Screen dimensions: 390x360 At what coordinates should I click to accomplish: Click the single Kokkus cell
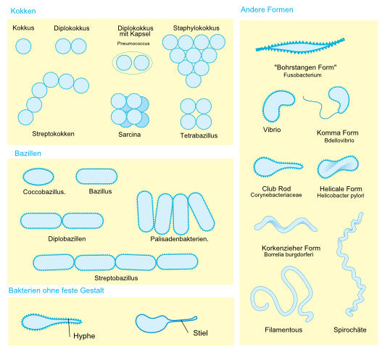click(x=23, y=46)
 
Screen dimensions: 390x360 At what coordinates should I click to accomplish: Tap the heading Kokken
click(x=23, y=11)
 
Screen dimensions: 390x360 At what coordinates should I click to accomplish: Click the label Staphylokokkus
click(x=196, y=28)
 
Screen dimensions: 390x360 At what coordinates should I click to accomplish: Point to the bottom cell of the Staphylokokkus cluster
click(x=194, y=80)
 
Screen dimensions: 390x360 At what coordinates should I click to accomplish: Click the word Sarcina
click(x=130, y=135)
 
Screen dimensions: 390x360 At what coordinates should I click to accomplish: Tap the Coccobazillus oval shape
click(x=38, y=177)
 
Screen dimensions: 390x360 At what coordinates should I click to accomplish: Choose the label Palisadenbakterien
click(x=179, y=239)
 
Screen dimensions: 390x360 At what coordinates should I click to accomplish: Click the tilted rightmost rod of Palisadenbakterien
click(x=202, y=212)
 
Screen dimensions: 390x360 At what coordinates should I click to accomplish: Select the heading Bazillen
click(x=28, y=154)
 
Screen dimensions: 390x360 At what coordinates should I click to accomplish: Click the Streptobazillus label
click(x=116, y=278)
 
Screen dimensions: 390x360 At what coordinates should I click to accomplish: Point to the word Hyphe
click(x=84, y=336)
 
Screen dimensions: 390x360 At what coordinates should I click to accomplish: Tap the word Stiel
click(x=200, y=333)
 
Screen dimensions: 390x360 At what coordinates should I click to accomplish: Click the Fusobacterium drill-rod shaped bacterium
click(x=299, y=46)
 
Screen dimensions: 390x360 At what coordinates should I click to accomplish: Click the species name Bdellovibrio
click(x=339, y=141)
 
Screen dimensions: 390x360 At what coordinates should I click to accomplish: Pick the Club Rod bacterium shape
click(x=276, y=167)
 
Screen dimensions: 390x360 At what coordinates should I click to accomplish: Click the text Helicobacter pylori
click(x=341, y=196)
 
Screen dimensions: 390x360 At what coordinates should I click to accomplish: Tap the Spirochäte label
click(x=350, y=330)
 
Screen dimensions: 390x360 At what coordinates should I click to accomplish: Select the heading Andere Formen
click(x=267, y=9)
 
